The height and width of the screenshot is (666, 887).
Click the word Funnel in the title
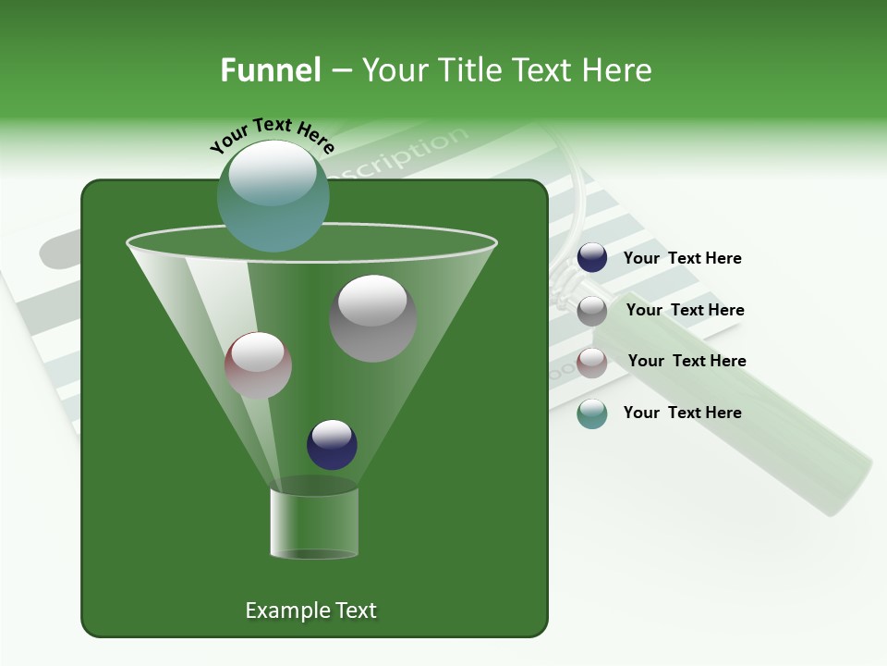270,70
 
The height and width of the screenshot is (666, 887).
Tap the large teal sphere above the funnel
273,196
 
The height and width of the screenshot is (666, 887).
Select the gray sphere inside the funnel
372,318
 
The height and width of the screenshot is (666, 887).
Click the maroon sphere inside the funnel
258,365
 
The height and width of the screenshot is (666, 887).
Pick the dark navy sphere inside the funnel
332,444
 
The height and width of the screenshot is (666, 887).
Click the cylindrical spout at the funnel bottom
314,523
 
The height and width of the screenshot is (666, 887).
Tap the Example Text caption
310,610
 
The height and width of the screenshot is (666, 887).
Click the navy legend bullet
592,258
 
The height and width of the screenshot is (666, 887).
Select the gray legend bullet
592,311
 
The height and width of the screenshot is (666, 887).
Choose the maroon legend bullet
592,363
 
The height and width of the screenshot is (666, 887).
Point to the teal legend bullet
592,413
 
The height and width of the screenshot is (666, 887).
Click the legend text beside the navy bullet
682,259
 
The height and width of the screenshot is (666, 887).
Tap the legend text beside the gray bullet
685,311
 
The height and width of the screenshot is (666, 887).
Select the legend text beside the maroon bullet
687,362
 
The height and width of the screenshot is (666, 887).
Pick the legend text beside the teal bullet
682,413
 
